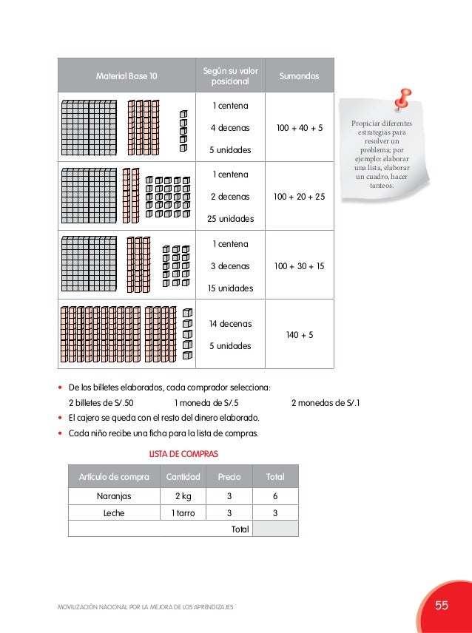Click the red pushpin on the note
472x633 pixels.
[x=402, y=98]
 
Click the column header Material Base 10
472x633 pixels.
[x=126, y=76]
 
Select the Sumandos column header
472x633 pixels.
[x=299, y=76]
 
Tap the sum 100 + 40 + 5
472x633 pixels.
[x=299, y=128]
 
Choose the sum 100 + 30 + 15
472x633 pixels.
[x=299, y=266]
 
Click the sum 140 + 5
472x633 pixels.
[x=299, y=335]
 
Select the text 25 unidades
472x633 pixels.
[x=230, y=220]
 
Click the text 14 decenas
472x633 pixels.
[x=230, y=324]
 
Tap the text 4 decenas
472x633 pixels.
[x=230, y=128]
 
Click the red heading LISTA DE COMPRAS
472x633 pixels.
[x=183, y=453]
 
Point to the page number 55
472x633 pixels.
[x=442, y=606]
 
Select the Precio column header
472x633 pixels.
[x=229, y=477]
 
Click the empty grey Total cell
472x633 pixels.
[x=274, y=529]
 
